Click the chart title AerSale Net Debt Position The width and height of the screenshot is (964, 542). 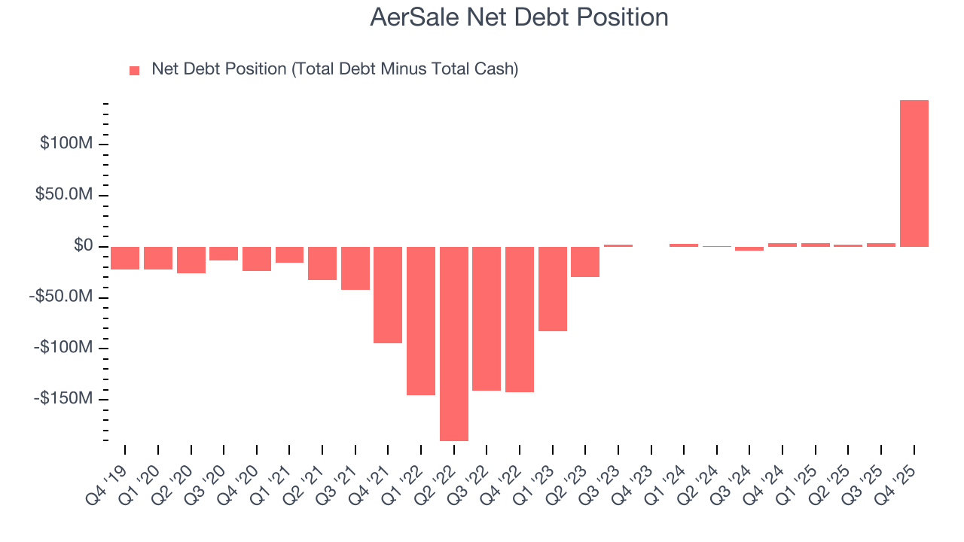519,17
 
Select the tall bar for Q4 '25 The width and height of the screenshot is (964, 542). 914,173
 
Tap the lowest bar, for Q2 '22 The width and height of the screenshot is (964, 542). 453,343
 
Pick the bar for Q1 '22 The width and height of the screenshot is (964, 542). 421,321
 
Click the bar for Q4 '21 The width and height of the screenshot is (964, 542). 388,294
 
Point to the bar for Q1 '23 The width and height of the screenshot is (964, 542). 552,288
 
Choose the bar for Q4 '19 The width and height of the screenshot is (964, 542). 125,257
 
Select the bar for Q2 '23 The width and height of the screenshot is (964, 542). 585,261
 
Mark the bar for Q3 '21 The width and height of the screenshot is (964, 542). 355,268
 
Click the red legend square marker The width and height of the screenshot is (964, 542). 135,70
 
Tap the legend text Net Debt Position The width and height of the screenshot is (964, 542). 334,69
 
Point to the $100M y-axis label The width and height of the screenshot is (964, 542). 66,143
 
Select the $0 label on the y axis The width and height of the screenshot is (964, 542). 84,245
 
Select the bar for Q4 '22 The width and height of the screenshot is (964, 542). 520,319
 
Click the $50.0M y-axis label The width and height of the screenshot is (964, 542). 66,194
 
